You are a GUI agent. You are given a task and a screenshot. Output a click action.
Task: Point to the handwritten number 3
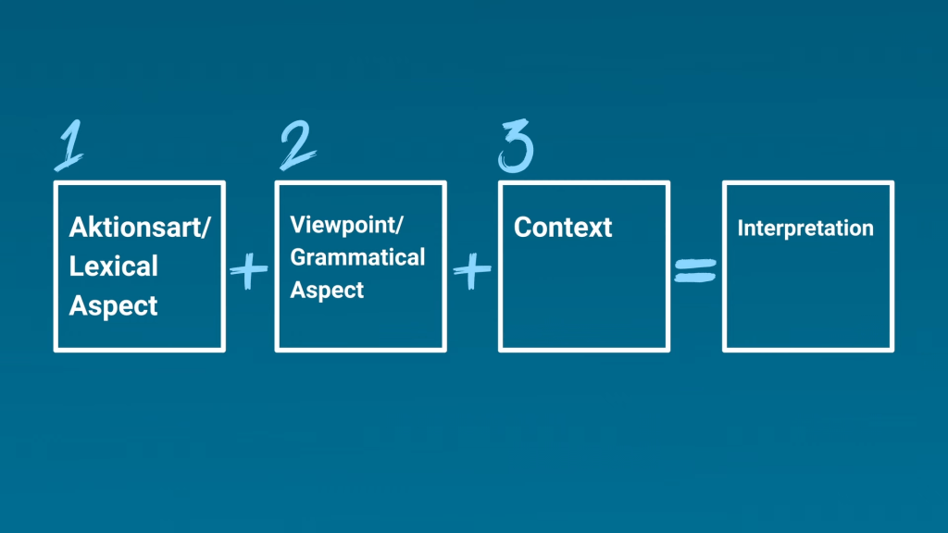516,145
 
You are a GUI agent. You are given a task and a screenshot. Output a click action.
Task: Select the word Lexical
113,266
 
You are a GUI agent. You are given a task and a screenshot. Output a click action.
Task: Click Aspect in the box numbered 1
113,306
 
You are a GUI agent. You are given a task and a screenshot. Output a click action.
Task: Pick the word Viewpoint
343,226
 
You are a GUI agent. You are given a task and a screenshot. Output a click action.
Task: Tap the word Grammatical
357,257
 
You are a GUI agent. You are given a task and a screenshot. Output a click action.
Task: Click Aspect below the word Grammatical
327,290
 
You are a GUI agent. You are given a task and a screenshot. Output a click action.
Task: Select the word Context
563,228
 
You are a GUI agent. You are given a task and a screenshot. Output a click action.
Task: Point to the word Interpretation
805,228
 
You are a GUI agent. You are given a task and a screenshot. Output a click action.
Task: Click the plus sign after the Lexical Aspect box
248,270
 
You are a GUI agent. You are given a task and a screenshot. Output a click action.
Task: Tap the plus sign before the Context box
472,270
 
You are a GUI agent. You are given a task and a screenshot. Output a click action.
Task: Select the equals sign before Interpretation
695,271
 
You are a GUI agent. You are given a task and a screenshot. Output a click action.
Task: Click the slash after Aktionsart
206,228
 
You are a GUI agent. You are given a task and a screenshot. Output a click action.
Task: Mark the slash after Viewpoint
399,226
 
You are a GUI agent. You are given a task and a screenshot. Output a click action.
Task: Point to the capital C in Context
523,228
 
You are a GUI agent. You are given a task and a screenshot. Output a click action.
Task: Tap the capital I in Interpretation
740,228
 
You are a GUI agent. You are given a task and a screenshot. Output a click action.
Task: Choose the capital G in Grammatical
298,257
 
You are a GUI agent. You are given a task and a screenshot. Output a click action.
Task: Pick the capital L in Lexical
76,266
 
